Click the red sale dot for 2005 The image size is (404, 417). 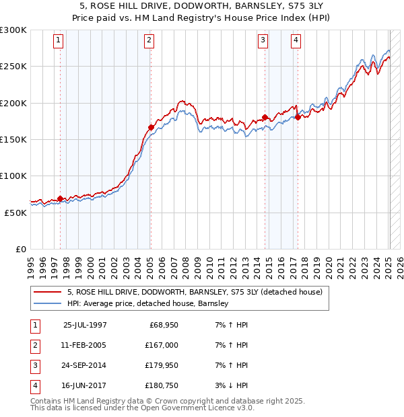(x=151, y=127)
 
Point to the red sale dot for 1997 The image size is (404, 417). (x=61, y=198)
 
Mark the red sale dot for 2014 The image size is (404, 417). (x=265, y=117)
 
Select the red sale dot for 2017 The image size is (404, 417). (x=298, y=117)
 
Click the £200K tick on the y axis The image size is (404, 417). (x=13, y=103)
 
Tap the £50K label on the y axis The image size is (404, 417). (x=15, y=213)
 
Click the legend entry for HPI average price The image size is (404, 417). (x=148, y=303)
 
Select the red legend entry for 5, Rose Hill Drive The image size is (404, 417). (x=195, y=292)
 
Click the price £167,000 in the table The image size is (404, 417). (x=162, y=345)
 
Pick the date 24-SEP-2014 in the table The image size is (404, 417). (x=85, y=366)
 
